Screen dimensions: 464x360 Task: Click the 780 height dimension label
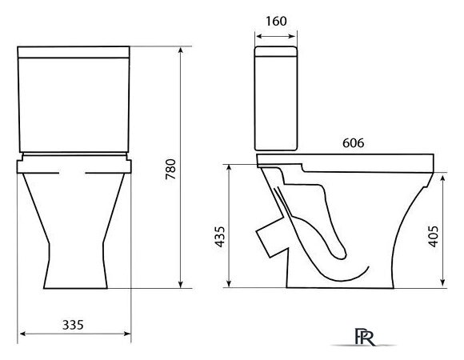[x=170, y=170]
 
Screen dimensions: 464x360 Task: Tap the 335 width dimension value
[x=73, y=325]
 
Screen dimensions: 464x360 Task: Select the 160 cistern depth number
[x=276, y=21]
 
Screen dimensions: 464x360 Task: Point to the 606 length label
[x=354, y=143]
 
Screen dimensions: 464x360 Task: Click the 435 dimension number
[x=220, y=237]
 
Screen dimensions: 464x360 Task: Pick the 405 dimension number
[x=434, y=236]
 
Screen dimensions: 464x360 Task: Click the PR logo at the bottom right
[x=365, y=337]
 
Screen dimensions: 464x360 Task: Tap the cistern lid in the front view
[x=74, y=52]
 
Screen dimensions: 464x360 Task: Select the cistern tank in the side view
[x=276, y=98]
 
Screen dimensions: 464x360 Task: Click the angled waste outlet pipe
[x=270, y=238]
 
